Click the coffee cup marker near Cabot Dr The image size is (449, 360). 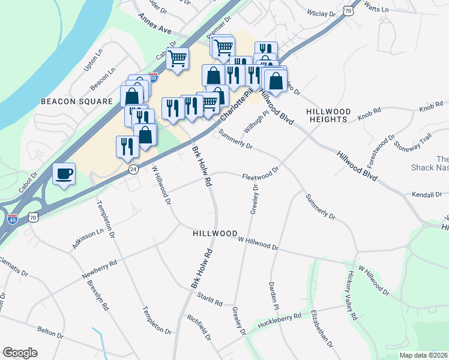tap(64, 174)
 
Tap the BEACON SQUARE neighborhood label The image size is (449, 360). tap(76, 101)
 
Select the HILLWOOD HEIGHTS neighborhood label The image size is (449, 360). tap(327, 116)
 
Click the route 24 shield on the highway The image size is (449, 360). tap(133, 170)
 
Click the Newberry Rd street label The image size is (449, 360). tap(100, 269)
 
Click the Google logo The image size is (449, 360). tap(20, 353)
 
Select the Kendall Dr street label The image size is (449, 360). tap(427, 194)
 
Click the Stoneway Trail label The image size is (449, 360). tap(419, 144)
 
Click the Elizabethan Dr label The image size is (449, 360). tap(321, 328)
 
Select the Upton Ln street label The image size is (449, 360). tap(89, 61)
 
